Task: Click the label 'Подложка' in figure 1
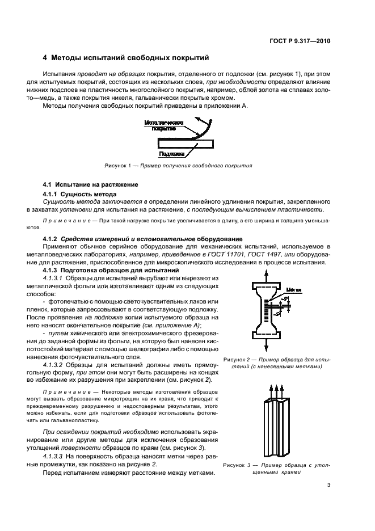coord(171,153)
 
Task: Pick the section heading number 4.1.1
coord(52,194)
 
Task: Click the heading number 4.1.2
coord(52,239)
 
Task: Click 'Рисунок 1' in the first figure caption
coord(117,166)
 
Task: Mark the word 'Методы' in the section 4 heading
coord(69,58)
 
